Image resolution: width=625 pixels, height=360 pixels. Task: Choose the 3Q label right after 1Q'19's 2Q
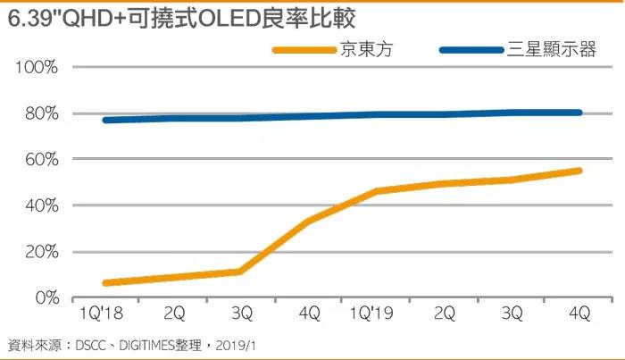[512, 315]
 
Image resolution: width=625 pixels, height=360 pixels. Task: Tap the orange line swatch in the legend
[304, 50]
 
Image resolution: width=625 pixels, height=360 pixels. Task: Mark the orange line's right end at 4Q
[579, 171]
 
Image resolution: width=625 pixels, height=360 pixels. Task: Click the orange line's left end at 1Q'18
[106, 283]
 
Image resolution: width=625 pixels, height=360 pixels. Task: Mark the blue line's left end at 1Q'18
[106, 120]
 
